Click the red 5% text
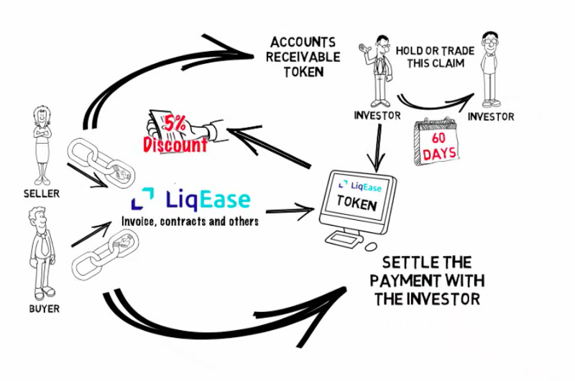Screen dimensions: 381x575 coord(175,123)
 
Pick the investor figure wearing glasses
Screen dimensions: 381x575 coord(491,68)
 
